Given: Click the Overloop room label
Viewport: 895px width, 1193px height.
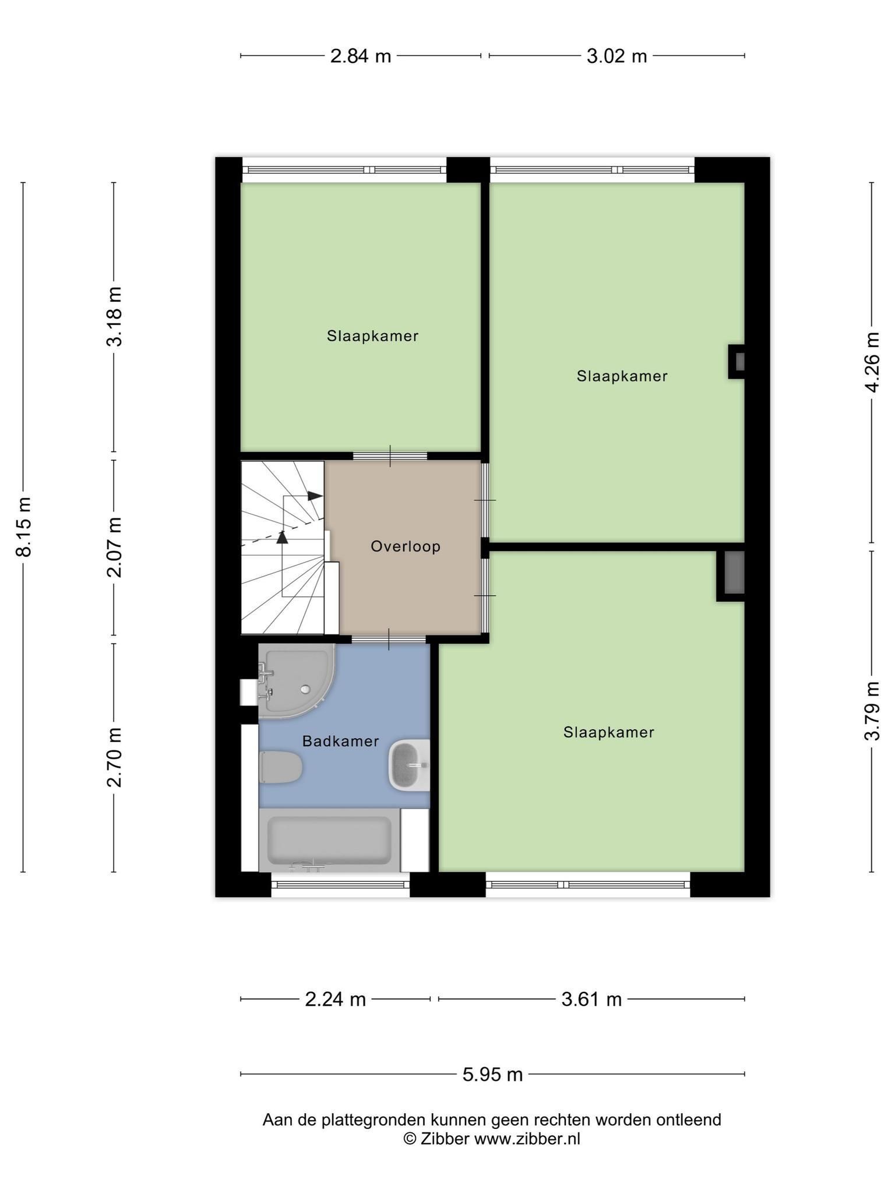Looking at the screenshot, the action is coord(406,546).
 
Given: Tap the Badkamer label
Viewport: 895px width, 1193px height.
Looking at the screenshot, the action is coord(341,741).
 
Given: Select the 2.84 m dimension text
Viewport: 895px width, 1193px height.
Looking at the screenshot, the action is coord(361,56).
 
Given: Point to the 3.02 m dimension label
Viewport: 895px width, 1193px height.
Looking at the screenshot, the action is coord(616,56).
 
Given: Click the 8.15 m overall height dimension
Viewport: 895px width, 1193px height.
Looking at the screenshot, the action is coord(24,527).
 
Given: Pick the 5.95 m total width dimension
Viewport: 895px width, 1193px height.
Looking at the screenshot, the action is coord(492,1074).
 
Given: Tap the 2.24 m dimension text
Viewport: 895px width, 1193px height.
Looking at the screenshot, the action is coord(336,1000).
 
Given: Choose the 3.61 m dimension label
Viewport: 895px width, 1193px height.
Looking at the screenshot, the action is coord(591,1000).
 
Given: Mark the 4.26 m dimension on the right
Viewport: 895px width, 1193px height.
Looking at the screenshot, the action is coord(872,362).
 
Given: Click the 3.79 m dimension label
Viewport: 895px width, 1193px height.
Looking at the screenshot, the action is coord(872,710).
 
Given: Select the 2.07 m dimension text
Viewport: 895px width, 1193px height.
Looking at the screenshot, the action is coord(114,547).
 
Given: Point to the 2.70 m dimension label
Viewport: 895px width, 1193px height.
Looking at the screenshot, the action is coord(114,757).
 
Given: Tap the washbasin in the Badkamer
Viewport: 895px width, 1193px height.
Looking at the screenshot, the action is coord(409,765).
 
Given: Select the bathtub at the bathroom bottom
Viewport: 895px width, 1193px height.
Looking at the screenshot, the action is coord(329,840).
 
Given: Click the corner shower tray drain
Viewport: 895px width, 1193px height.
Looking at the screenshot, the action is coord(305,689).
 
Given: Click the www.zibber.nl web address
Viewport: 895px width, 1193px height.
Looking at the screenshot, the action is coord(527,1139).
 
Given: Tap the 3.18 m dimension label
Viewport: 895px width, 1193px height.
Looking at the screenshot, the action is coord(114,316).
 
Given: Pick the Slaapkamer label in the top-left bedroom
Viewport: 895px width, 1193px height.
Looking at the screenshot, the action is coord(372,336).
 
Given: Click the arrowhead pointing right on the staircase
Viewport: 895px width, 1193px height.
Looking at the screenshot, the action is coord(315,496).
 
